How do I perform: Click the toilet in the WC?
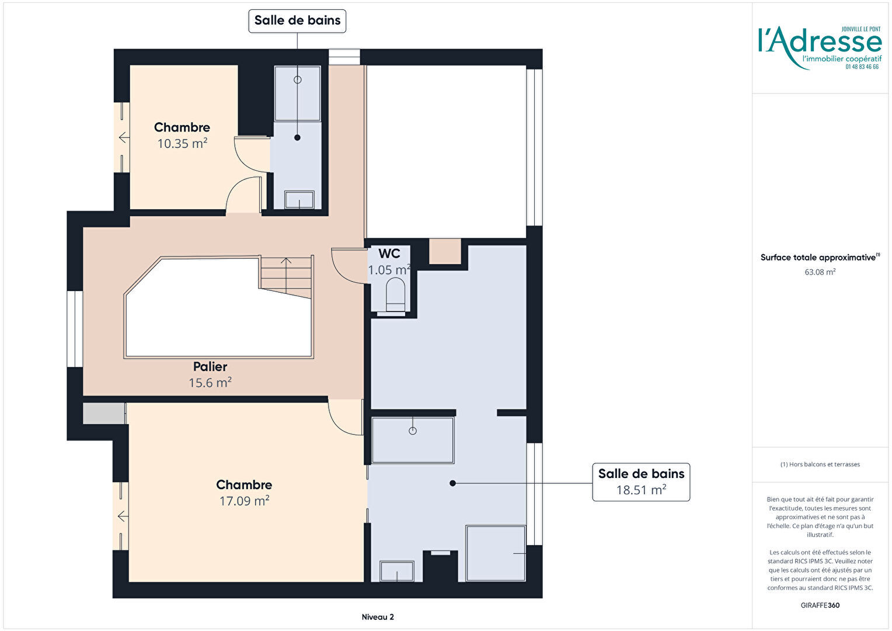[395, 295]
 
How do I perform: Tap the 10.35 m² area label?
[182, 143]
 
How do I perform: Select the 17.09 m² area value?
[245, 501]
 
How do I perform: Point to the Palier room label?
[210, 366]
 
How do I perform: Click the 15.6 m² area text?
[210, 383]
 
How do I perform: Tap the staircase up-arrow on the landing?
[286, 275]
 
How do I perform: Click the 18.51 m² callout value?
[642, 490]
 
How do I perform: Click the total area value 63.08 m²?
[820, 272]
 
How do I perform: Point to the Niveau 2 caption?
[378, 617]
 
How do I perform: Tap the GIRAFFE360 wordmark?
[820, 605]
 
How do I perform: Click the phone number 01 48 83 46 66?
[862, 67]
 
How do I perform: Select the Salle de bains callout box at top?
[298, 21]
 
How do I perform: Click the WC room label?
[389, 254]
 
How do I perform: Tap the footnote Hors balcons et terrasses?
[820, 464]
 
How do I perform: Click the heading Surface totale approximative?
[820, 258]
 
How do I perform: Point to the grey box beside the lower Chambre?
[104, 413]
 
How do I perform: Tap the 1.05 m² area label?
[389, 270]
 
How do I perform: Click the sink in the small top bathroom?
[299, 200]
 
